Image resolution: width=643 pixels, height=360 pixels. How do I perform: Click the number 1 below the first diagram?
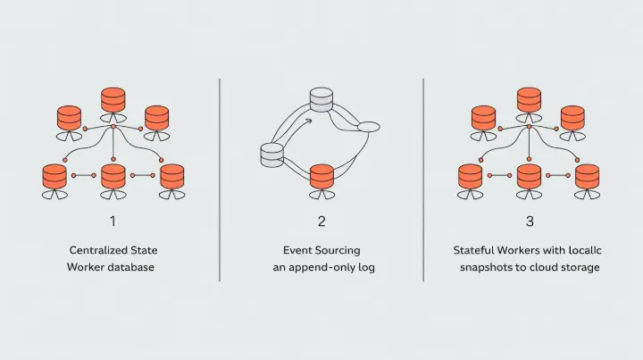tap(113, 221)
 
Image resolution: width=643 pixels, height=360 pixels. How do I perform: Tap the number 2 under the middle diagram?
tap(321, 221)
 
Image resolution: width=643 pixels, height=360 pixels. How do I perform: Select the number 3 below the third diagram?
tap(529, 221)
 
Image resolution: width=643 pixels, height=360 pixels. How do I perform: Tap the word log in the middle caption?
tap(366, 267)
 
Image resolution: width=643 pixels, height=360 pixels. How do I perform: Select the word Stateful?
tap(474, 251)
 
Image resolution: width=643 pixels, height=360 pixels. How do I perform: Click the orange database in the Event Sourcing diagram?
tap(321, 176)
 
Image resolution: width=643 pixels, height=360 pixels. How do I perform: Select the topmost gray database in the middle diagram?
tap(321, 100)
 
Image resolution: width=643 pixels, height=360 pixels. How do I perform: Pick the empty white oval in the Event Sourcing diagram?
tap(369, 127)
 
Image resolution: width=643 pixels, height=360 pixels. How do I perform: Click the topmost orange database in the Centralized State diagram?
tap(113, 99)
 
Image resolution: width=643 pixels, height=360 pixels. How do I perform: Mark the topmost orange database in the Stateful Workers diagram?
tap(529, 99)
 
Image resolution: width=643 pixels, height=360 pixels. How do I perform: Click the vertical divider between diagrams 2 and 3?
tap(423, 179)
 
